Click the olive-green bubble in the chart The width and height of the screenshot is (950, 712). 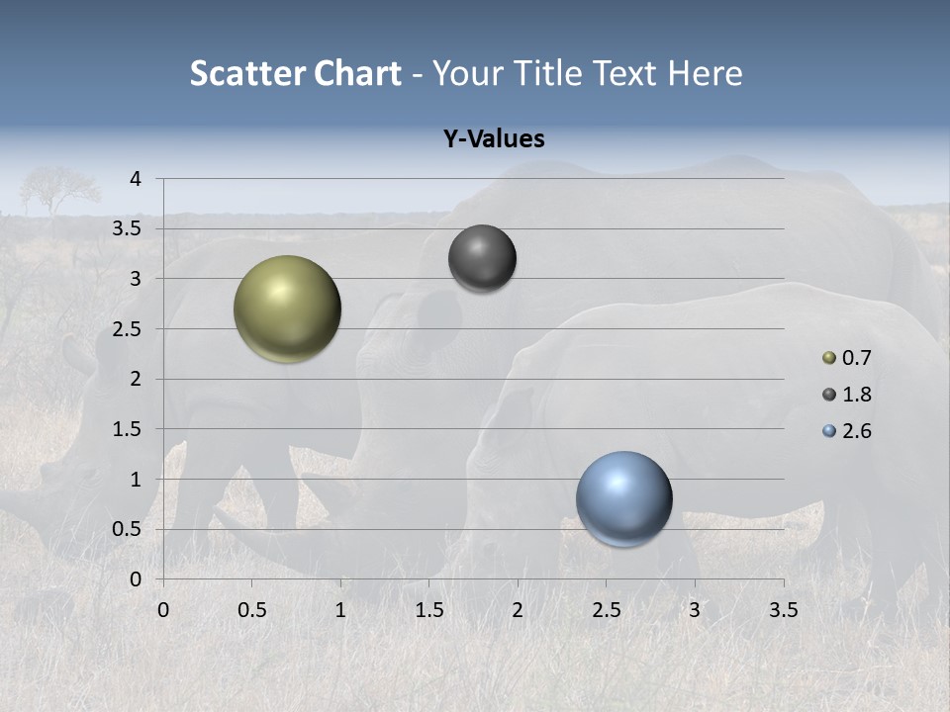pyautogui.click(x=288, y=309)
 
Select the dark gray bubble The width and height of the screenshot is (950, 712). pyautogui.click(x=482, y=258)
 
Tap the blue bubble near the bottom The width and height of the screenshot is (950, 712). pyautogui.click(x=623, y=498)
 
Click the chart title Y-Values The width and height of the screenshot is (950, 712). pyautogui.click(x=493, y=139)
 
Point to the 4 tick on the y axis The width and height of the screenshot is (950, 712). pyautogui.click(x=136, y=179)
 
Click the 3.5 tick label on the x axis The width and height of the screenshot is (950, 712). pyautogui.click(x=783, y=610)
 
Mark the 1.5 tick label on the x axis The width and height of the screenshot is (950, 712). pyautogui.click(x=428, y=610)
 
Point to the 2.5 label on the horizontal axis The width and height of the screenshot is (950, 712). pyautogui.click(x=606, y=610)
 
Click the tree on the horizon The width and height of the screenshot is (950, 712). pyautogui.click(x=59, y=186)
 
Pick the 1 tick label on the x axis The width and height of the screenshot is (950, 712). pyautogui.click(x=340, y=610)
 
